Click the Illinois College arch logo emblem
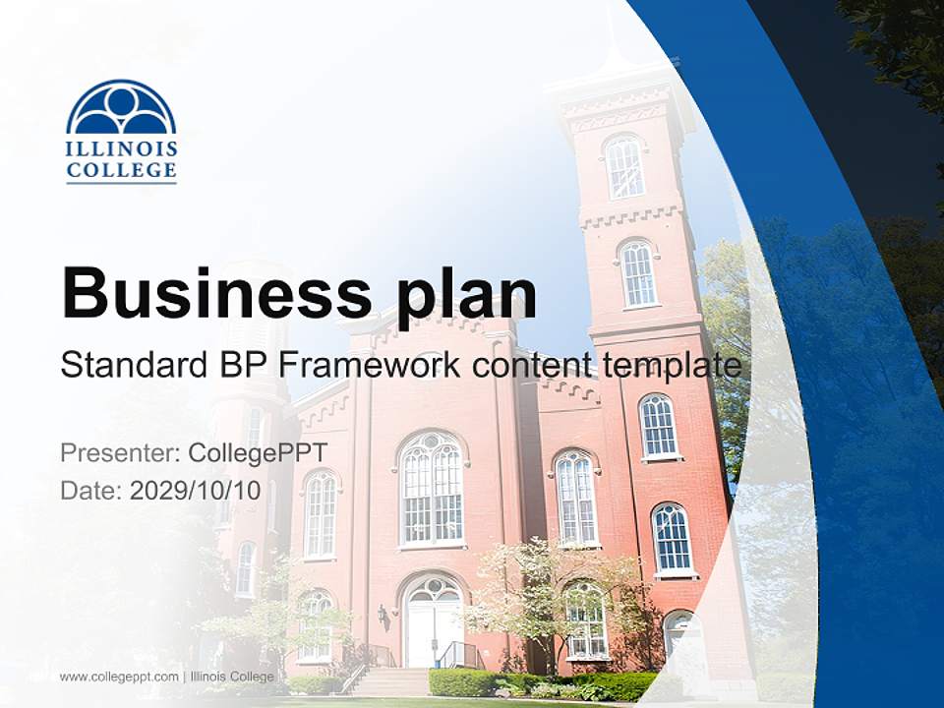click(121, 107)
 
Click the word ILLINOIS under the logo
click(121, 149)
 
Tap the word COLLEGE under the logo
click(121, 171)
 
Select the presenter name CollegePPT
click(257, 453)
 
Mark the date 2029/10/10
click(196, 491)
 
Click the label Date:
click(91, 491)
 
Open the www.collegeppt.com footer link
click(119, 677)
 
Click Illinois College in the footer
click(232, 677)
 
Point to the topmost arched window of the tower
click(624, 167)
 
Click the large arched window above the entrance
click(431, 489)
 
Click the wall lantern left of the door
click(383, 617)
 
